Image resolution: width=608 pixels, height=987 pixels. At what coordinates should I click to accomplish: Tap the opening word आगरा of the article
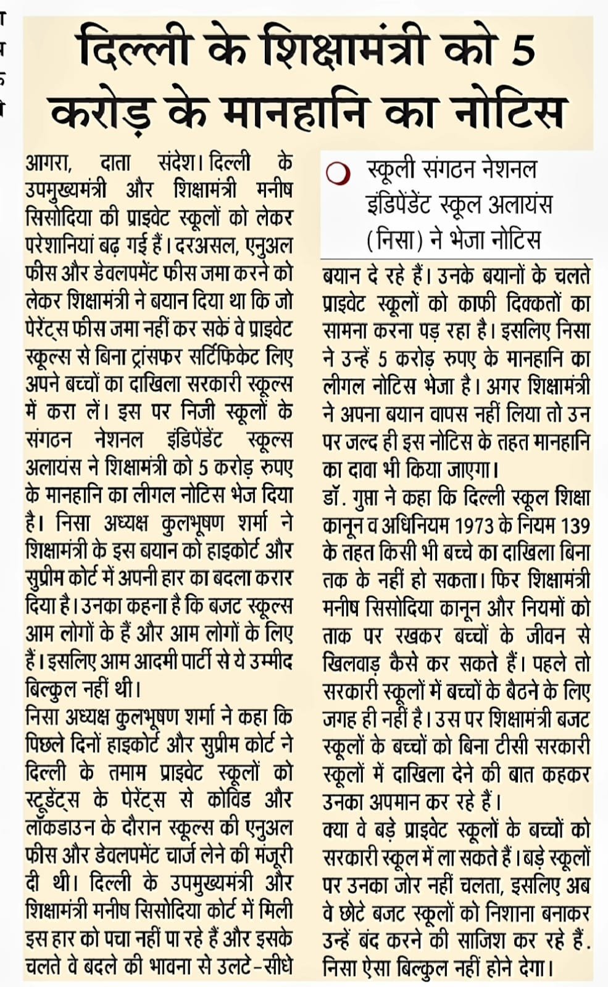point(49,164)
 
